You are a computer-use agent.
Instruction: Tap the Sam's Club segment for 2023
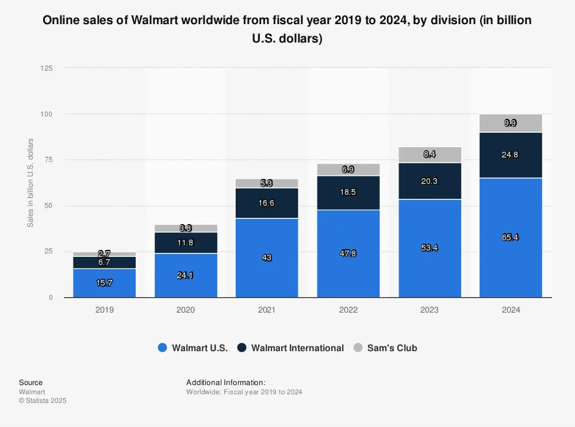tap(430, 155)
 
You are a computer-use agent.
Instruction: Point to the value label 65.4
tap(511, 237)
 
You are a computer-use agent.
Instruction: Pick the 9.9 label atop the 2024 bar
tap(511, 123)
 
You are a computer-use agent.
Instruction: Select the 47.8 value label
tap(348, 253)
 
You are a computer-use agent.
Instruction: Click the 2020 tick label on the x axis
tap(186, 310)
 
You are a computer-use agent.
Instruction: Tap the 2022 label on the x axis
tap(348, 310)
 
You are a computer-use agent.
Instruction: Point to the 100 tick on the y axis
tap(47, 114)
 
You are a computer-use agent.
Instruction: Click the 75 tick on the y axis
tap(49, 160)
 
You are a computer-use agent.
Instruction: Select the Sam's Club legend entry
tap(385, 348)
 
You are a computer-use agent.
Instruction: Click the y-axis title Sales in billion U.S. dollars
tap(30, 183)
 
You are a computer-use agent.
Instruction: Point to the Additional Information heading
tap(226, 382)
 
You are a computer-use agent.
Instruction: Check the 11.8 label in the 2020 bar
tap(186, 243)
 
